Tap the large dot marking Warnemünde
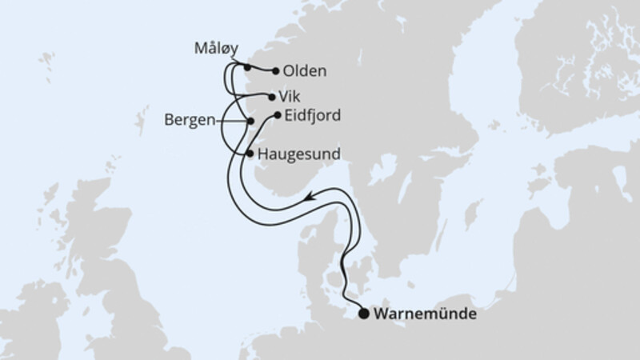click(x=364, y=314)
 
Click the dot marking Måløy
click(x=247, y=67)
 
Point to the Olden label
click(x=305, y=71)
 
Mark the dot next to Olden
click(x=276, y=71)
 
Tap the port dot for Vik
click(x=271, y=97)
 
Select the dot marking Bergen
click(x=251, y=121)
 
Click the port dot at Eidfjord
click(x=278, y=115)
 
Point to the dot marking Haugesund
click(x=250, y=152)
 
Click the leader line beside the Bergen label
click(x=232, y=121)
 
